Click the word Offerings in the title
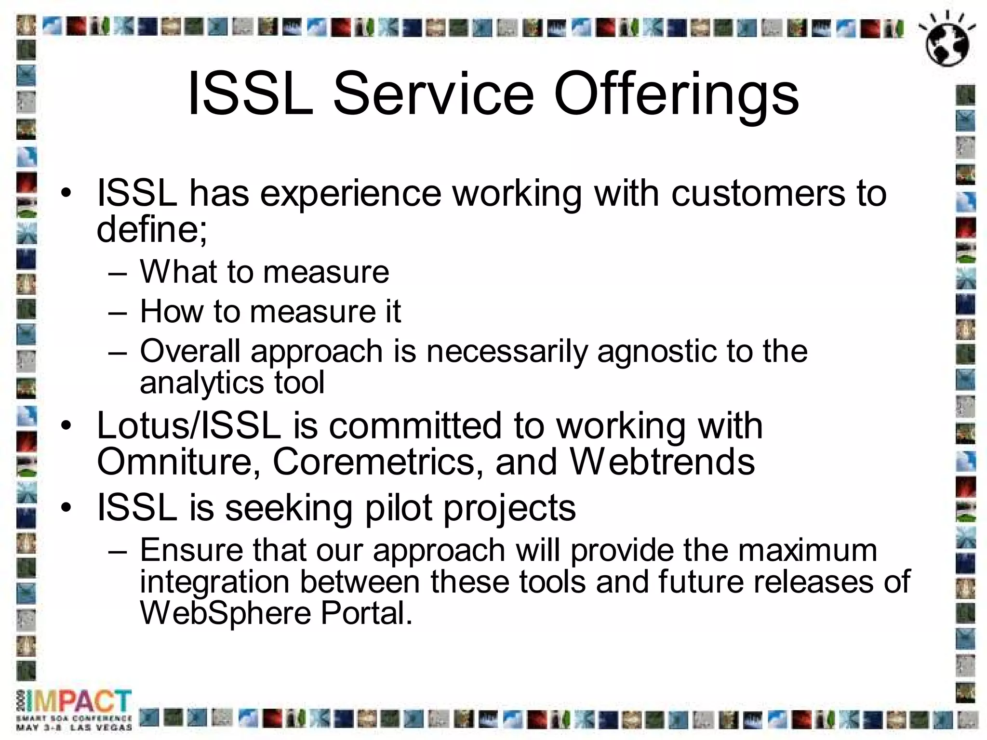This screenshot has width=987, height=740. (676, 94)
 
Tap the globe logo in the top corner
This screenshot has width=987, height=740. (947, 40)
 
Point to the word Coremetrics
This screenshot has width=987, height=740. (378, 462)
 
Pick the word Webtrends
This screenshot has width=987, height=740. (662, 462)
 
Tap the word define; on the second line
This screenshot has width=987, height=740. (152, 228)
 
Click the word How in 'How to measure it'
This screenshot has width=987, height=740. (171, 311)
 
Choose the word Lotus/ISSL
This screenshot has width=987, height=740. (188, 426)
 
